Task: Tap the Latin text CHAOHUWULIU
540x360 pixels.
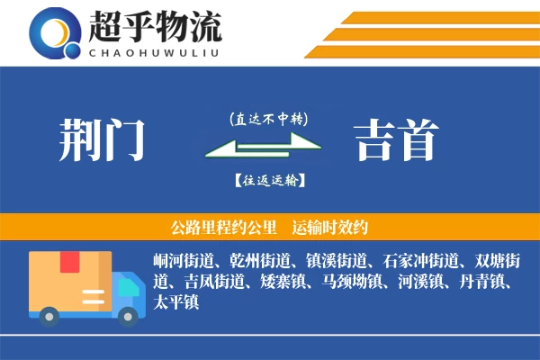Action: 155,51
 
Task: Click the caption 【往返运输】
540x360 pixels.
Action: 268,180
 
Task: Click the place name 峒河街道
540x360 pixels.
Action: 184,262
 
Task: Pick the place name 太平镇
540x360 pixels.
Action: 175,302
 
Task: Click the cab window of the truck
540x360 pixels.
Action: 130,286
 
